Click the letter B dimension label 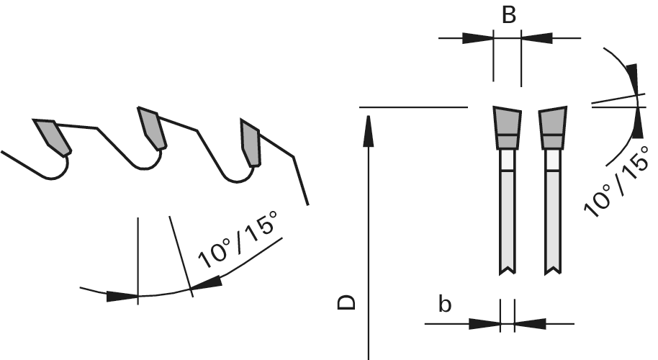(x=508, y=14)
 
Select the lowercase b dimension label (x=446, y=305)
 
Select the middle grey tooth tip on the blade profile (x=152, y=129)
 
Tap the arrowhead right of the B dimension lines (x=536, y=37)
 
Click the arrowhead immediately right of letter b (x=485, y=323)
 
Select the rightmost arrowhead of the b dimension (x=530, y=323)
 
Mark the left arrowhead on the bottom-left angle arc (x=122, y=296)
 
